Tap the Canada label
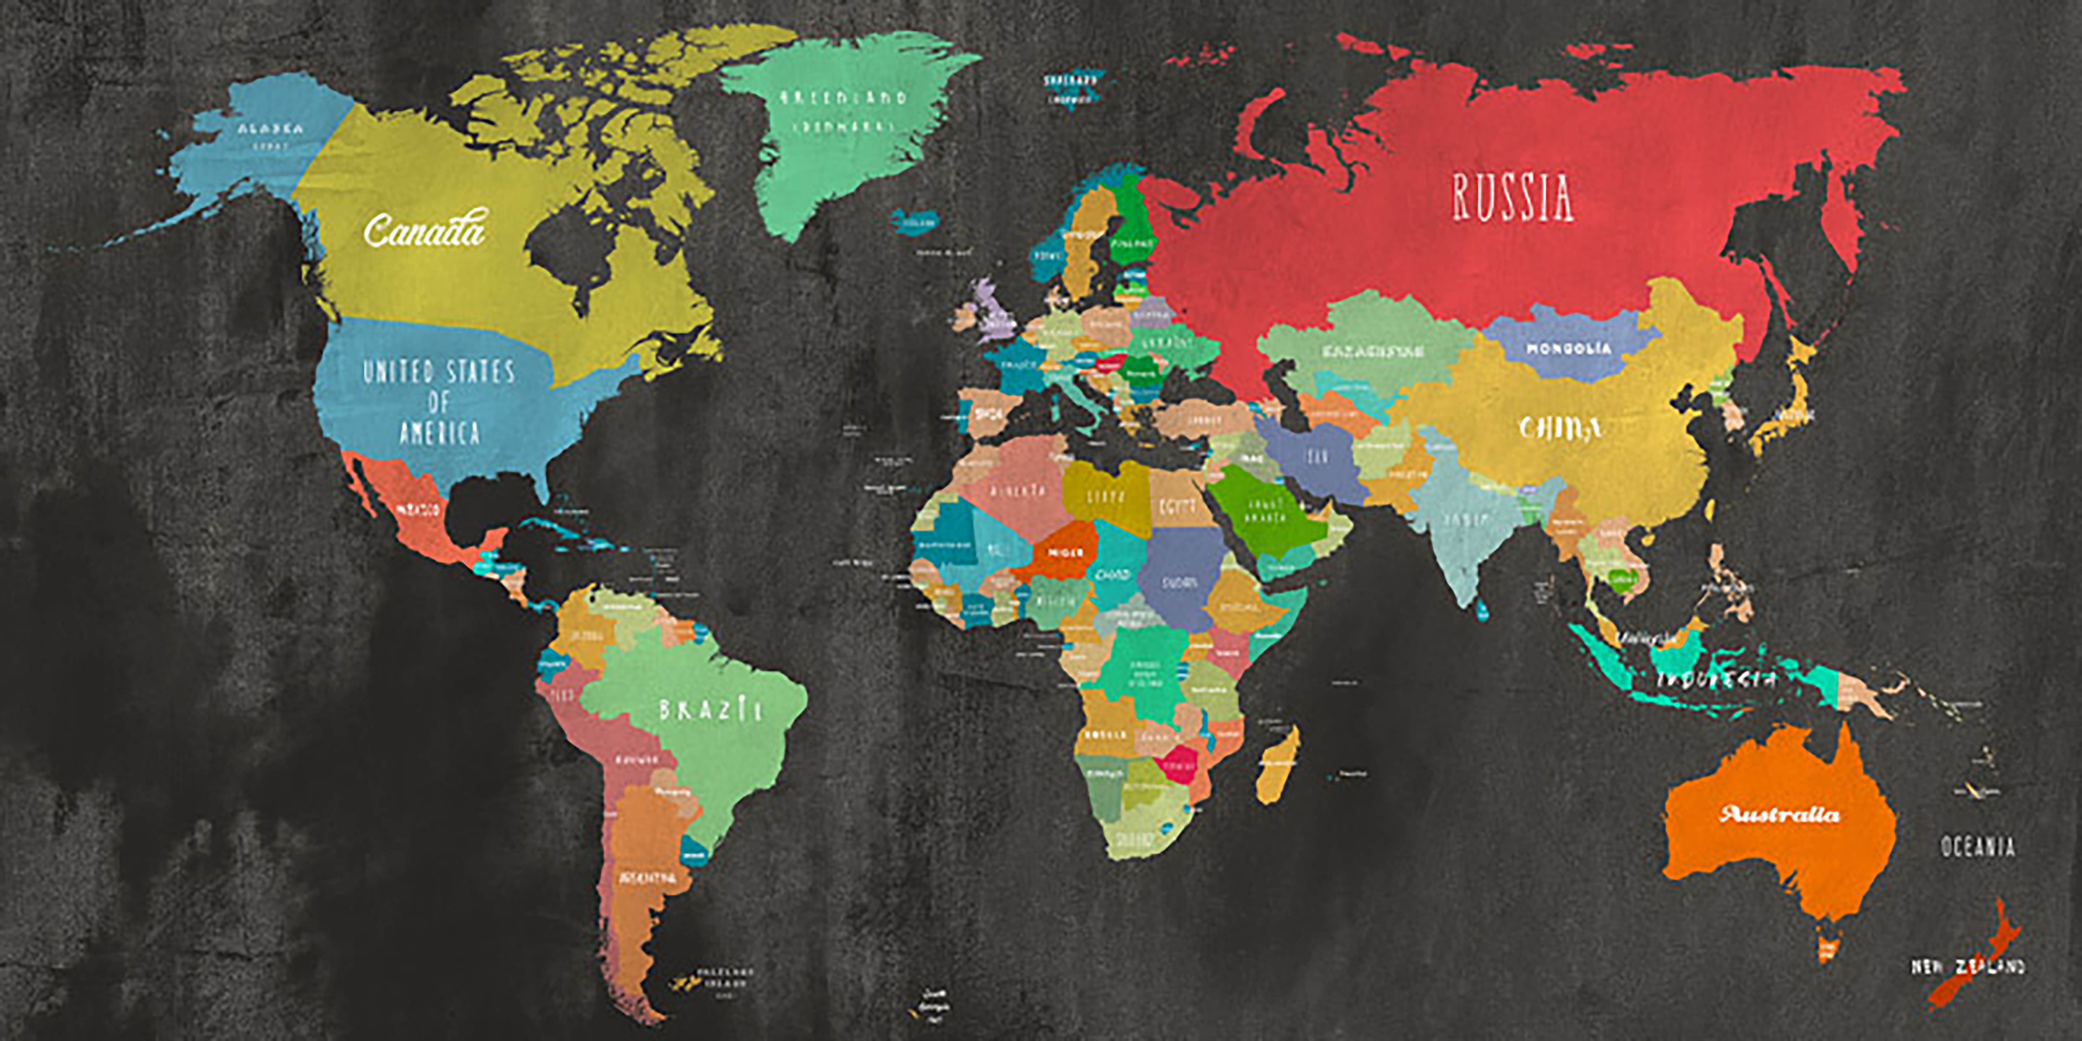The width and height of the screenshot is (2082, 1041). point(424,230)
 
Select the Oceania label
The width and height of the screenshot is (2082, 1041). point(1978,847)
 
